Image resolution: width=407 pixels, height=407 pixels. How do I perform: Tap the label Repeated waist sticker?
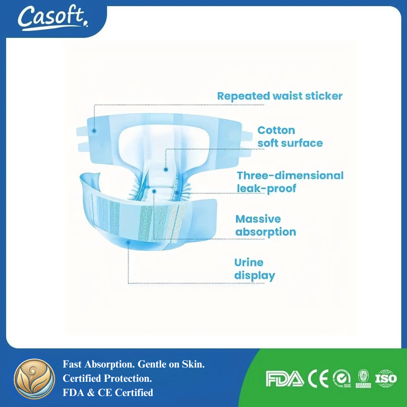pyautogui.click(x=280, y=96)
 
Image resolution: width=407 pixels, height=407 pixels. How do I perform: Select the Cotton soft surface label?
pyautogui.click(x=290, y=137)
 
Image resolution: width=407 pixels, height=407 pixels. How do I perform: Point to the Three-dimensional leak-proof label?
pyautogui.click(x=290, y=182)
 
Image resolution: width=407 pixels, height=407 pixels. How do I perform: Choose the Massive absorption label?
pyautogui.click(x=265, y=225)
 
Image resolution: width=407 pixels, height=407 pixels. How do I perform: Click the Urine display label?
pyautogui.click(x=254, y=269)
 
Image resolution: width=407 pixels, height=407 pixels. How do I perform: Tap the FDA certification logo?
pyautogui.click(x=284, y=379)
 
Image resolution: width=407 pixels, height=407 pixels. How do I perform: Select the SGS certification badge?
pyautogui.click(x=341, y=379)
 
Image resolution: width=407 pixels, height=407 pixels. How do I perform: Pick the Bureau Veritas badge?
pyautogui.click(x=363, y=379)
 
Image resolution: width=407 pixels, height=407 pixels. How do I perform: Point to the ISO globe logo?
pyautogui.click(x=386, y=379)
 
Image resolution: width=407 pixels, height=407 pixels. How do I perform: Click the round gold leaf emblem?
pyautogui.click(x=35, y=379)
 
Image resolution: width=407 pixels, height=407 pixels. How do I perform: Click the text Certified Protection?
pyautogui.click(x=107, y=379)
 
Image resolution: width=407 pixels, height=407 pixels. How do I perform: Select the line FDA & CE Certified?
pyautogui.click(x=108, y=393)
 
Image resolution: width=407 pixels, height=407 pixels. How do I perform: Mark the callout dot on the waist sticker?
pyautogui.click(x=94, y=131)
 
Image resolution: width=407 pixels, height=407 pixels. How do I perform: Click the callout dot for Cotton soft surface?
pyautogui.click(x=166, y=169)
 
